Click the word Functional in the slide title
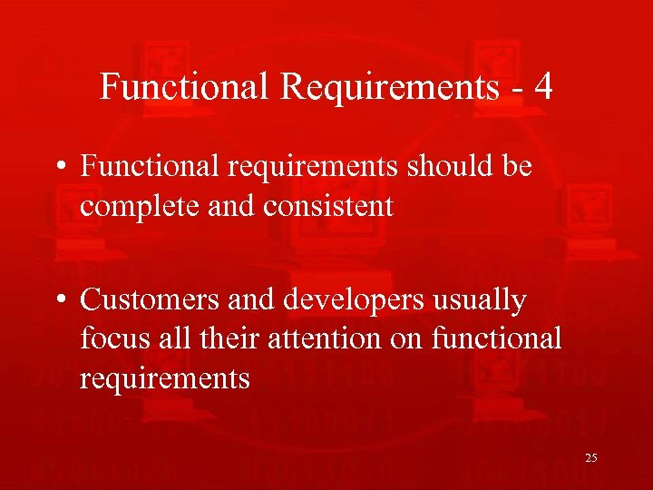(x=185, y=87)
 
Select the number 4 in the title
(x=543, y=87)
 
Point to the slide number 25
(x=590, y=458)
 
